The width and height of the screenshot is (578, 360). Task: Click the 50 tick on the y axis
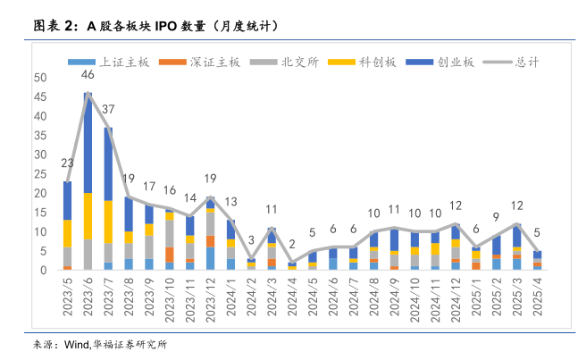41,78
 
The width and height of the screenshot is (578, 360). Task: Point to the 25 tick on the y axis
41,173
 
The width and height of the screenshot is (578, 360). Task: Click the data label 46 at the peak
88,74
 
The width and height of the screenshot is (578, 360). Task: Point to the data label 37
108,110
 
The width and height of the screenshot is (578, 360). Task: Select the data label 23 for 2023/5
67,163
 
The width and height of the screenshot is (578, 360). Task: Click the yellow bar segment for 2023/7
108,222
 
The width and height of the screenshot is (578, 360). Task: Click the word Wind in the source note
72,344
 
